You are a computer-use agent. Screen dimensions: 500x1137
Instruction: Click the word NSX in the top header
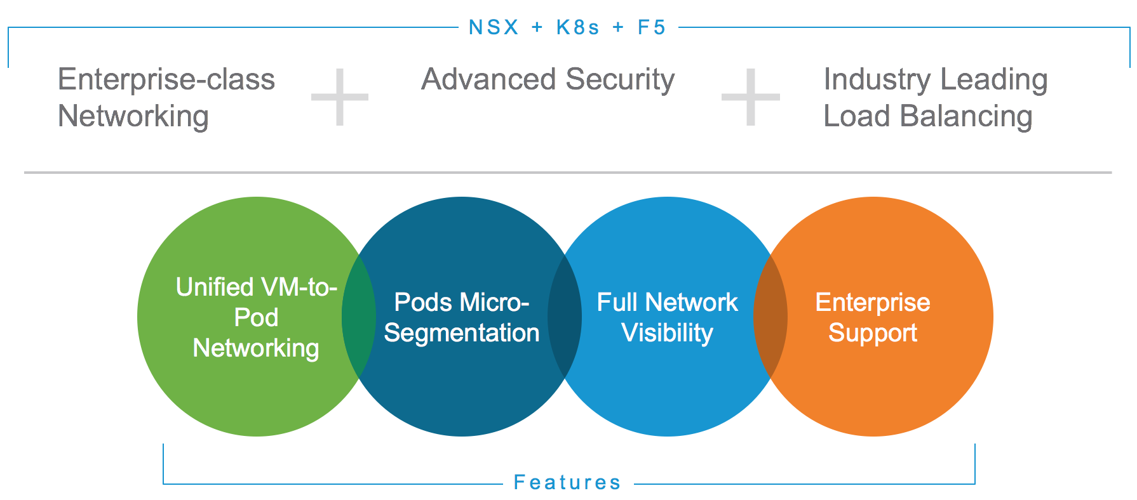pyautogui.click(x=494, y=27)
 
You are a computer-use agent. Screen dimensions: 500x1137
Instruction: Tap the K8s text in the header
pyautogui.click(x=577, y=27)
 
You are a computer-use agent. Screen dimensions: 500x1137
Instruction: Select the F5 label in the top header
pyautogui.click(x=652, y=27)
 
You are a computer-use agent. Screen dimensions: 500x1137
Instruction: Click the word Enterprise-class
pyautogui.click(x=166, y=79)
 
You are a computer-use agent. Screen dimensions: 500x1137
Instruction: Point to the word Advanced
pyautogui.click(x=488, y=79)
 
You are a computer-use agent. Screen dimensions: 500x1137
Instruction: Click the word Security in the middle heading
pyautogui.click(x=620, y=81)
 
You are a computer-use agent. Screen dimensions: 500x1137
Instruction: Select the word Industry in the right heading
pyautogui.click(x=877, y=81)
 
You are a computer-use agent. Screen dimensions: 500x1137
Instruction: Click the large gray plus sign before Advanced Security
pyautogui.click(x=340, y=97)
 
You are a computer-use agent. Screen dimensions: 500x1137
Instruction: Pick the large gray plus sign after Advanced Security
pyautogui.click(x=750, y=97)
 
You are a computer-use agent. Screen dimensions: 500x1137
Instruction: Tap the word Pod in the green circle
pyautogui.click(x=256, y=317)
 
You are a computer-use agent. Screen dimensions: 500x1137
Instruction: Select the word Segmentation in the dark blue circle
pyautogui.click(x=462, y=333)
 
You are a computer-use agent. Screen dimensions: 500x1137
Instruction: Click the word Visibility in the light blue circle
pyautogui.click(x=667, y=333)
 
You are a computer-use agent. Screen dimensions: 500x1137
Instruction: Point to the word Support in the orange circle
pyautogui.click(x=873, y=333)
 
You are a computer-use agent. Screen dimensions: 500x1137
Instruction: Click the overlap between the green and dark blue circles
pyautogui.click(x=359, y=316)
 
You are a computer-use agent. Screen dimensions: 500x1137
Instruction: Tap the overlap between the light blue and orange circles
pyautogui.click(x=770, y=316)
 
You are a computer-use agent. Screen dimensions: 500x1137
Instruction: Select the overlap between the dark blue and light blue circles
pyautogui.click(x=565, y=316)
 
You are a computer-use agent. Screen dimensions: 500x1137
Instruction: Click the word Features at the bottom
pyautogui.click(x=567, y=482)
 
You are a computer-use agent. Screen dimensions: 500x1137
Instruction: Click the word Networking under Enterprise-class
pyautogui.click(x=133, y=117)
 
